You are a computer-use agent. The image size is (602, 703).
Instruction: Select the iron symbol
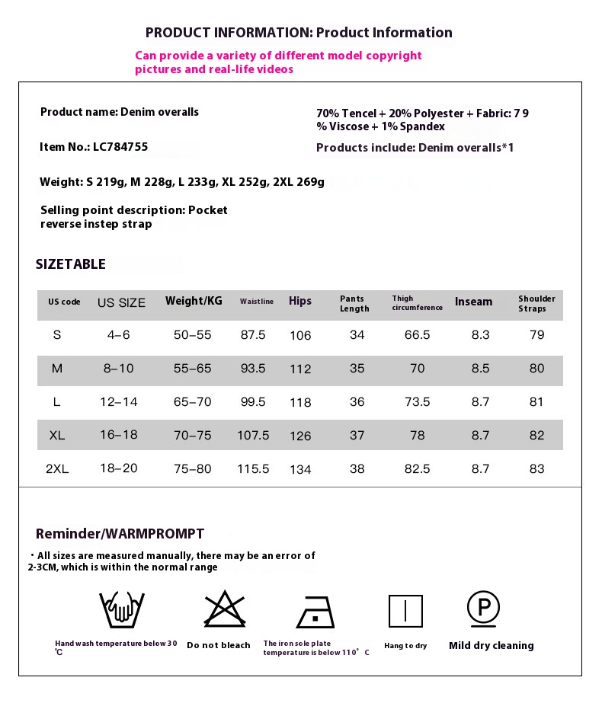pos(315,611)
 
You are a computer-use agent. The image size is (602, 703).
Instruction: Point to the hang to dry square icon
pos(405,611)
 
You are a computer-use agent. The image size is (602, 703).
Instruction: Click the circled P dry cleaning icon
pos(483,608)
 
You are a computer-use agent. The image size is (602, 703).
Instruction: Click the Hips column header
pos(300,301)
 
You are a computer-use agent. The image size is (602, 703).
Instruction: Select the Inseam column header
pos(473,302)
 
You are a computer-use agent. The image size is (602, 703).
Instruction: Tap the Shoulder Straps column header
pos(536,303)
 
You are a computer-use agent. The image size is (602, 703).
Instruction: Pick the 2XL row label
pos(57,469)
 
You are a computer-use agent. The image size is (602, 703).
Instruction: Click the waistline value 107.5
pos(254,436)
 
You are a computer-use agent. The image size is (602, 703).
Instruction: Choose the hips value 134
pos(300,469)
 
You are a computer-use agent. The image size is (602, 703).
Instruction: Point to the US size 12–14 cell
pos(119,402)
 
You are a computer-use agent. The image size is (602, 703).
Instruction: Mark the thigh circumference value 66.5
pos(417,335)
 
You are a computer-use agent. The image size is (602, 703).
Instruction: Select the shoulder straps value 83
pos(536,469)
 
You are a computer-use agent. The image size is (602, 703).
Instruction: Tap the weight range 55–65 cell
pos(193,369)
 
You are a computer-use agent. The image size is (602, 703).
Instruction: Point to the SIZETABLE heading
pos(71,264)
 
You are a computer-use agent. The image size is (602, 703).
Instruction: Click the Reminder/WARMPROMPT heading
pos(120,534)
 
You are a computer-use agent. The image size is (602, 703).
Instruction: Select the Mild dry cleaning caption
pos(491,646)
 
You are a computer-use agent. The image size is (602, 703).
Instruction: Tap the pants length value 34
pos(357,335)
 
